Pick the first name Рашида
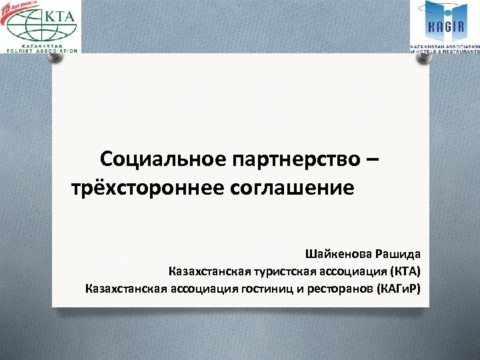tap(399, 254)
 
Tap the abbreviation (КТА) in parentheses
tap(403, 271)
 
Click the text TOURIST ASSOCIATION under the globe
tap(41, 50)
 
